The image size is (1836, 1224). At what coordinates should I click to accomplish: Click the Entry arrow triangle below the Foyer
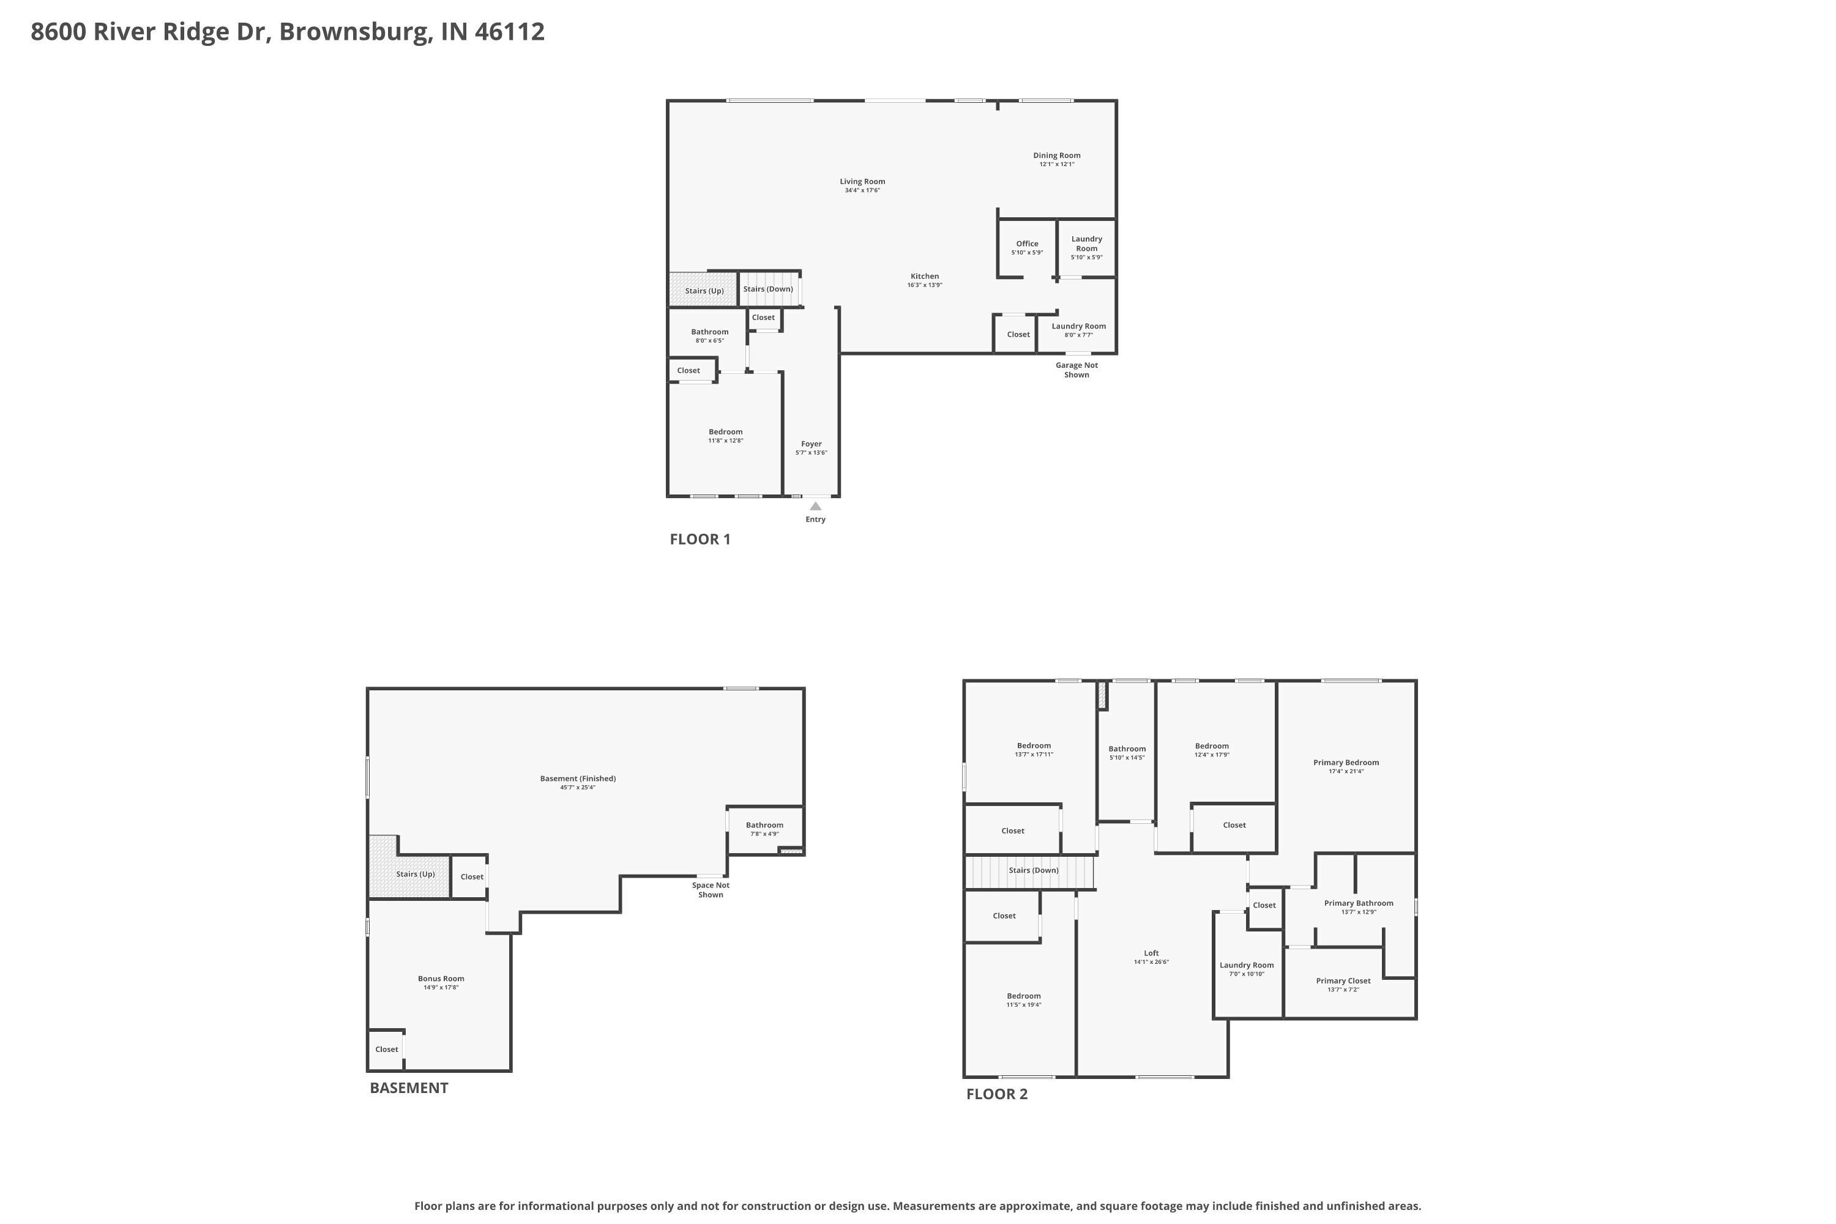coord(816,506)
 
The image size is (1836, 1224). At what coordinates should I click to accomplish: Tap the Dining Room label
coord(1057,155)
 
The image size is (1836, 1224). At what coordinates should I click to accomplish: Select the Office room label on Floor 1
coord(1028,244)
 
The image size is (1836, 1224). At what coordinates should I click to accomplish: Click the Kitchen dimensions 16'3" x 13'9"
coord(925,285)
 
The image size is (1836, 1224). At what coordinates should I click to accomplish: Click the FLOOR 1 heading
coord(700,539)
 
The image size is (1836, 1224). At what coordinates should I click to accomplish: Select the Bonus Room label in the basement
coord(441,979)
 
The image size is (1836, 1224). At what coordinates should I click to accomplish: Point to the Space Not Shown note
coord(711,890)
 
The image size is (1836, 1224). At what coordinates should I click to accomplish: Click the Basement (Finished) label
coord(578,779)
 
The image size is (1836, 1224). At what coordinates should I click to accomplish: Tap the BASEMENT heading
coord(409,1088)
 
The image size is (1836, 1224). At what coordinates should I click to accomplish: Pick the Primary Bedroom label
coord(1346,763)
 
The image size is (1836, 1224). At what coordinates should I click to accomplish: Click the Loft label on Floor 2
coord(1151,953)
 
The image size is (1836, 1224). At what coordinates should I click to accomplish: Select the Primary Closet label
coord(1343,981)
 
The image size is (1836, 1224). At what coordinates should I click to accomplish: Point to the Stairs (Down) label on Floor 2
coord(1034,870)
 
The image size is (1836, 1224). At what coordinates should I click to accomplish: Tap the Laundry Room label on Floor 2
coord(1247,966)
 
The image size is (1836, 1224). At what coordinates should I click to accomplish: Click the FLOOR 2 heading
coord(997,1094)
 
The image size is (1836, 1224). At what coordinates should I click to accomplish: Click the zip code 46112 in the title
coord(510,32)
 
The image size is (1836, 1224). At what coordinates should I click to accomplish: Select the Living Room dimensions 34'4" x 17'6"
coord(862,190)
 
